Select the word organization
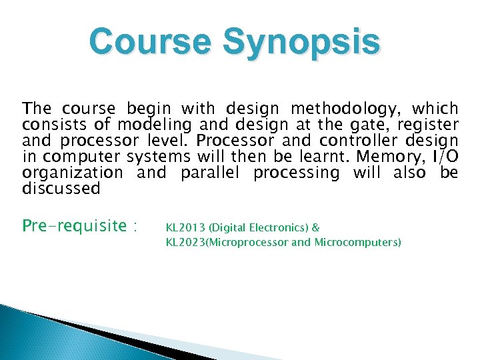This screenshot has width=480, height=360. pos(72,173)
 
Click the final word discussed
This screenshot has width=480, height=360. pos(61,189)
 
